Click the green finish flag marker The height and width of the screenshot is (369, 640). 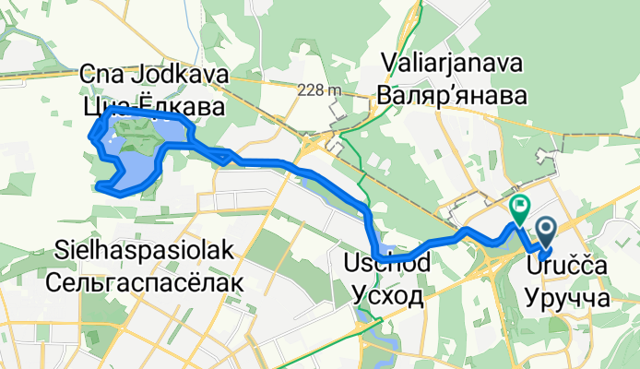pyautogui.click(x=519, y=207)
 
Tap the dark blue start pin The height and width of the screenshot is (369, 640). pyautogui.click(x=544, y=229)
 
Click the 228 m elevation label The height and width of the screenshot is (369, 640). pyautogui.click(x=319, y=90)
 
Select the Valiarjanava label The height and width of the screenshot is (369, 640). pyautogui.click(x=449, y=65)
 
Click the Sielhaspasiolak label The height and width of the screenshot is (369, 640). pyautogui.click(x=147, y=252)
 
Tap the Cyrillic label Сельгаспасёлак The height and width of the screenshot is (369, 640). pyautogui.click(x=147, y=282)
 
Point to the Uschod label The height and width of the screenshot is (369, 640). pyautogui.click(x=386, y=265)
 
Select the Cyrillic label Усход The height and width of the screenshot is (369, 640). pyautogui.click(x=386, y=296)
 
